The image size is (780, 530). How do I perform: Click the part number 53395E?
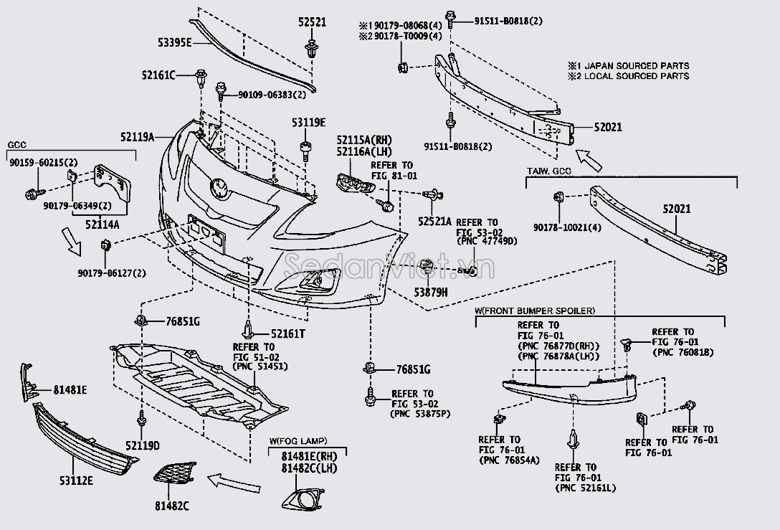coord(174,43)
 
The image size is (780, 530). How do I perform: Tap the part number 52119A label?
coord(137,135)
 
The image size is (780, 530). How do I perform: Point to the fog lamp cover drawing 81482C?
coord(173,473)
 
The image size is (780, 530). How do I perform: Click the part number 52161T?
coord(287,333)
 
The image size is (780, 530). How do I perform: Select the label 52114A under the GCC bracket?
coord(102,224)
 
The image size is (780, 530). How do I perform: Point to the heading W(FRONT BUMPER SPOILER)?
coord(534,311)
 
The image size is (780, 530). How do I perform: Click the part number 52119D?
coord(141,445)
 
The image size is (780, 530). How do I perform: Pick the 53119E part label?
coord(309,122)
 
